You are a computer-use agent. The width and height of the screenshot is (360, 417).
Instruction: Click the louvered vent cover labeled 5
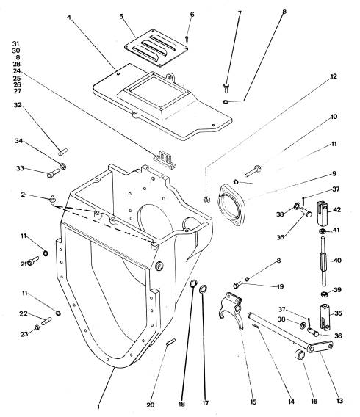point(156,48)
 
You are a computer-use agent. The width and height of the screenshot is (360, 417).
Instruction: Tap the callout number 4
point(69,18)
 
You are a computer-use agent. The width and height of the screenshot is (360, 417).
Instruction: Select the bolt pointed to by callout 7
point(226,88)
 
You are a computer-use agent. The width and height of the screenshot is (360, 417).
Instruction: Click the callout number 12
point(334,76)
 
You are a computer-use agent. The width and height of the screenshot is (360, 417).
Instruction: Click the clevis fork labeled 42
point(321,214)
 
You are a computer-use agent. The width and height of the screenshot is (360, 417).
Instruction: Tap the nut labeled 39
point(324,294)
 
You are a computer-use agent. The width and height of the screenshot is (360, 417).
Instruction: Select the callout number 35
point(338,313)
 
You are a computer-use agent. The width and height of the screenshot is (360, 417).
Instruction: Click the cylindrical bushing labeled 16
point(300,355)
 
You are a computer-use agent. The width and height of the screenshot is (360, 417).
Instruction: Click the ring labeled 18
point(193,283)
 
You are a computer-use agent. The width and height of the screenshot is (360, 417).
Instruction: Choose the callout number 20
point(151,405)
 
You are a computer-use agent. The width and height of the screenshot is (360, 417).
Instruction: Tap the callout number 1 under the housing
point(98,407)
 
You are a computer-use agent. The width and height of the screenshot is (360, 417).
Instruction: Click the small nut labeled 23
point(37,327)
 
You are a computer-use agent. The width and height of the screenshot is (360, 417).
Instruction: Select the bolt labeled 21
point(33,261)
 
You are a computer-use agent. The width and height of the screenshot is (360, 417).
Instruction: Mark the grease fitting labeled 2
point(52,200)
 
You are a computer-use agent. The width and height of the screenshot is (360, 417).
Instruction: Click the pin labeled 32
point(62,153)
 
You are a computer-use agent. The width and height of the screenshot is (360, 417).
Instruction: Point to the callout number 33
point(20,168)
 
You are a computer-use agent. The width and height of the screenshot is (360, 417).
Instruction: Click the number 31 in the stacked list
point(16,43)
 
